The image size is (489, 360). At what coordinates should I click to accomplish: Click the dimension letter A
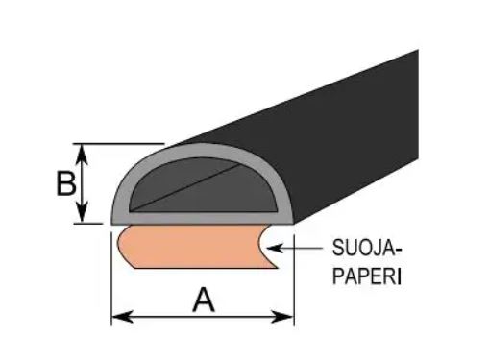[x=203, y=300]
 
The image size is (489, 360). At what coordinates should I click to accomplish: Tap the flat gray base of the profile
[x=192, y=219]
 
